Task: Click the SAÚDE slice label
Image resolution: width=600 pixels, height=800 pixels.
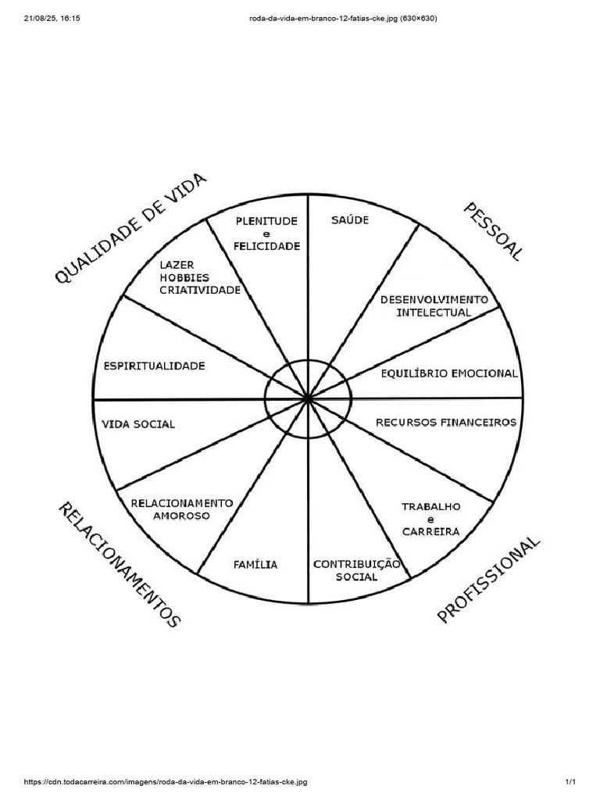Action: point(349,220)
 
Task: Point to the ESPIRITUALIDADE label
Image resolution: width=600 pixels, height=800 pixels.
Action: point(154,365)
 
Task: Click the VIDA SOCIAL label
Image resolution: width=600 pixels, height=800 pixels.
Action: point(138,424)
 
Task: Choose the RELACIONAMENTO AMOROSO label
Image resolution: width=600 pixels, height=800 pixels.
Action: point(181,509)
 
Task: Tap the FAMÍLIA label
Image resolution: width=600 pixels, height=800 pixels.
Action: point(255,564)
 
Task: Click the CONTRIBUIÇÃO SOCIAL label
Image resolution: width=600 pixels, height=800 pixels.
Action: point(356,570)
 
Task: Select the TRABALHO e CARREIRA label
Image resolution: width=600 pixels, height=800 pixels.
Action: point(430,519)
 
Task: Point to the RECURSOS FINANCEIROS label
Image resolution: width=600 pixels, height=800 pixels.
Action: point(446,422)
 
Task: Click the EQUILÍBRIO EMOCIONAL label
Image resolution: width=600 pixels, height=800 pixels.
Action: point(448,373)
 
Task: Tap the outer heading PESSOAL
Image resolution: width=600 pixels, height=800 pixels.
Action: point(492,231)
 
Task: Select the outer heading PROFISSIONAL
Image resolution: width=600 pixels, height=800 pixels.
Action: point(488,580)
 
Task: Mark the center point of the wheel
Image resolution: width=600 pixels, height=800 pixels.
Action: point(308,399)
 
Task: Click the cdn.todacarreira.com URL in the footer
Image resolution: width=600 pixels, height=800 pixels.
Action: point(166,782)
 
